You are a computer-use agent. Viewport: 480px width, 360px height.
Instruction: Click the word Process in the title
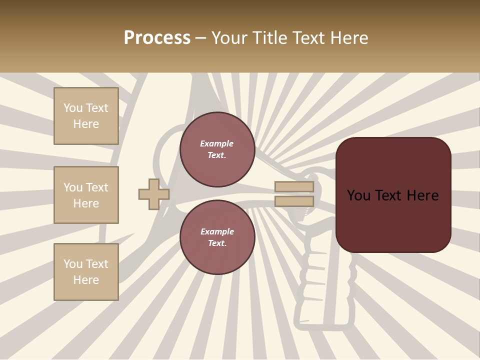157,38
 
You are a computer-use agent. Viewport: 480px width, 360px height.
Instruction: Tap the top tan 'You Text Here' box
86,116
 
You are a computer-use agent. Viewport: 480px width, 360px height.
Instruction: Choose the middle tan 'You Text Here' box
86,195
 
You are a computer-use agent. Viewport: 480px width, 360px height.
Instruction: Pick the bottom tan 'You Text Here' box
86,272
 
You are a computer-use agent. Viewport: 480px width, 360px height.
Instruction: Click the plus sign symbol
153,194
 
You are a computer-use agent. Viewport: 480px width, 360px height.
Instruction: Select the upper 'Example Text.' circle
217,149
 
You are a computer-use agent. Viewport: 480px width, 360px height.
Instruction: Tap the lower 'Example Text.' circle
217,237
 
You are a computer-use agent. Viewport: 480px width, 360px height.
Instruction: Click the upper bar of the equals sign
294,187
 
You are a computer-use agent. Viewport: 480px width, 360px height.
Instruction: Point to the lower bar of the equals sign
294,201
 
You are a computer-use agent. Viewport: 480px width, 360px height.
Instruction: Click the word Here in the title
348,38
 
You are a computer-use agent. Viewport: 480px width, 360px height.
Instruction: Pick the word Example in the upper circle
217,144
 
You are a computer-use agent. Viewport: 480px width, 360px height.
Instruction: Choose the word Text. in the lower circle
217,243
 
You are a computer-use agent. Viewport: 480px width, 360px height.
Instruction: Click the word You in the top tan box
72,108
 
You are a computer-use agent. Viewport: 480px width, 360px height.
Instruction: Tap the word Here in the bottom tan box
86,280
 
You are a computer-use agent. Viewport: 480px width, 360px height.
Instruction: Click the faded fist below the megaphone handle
325,280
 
